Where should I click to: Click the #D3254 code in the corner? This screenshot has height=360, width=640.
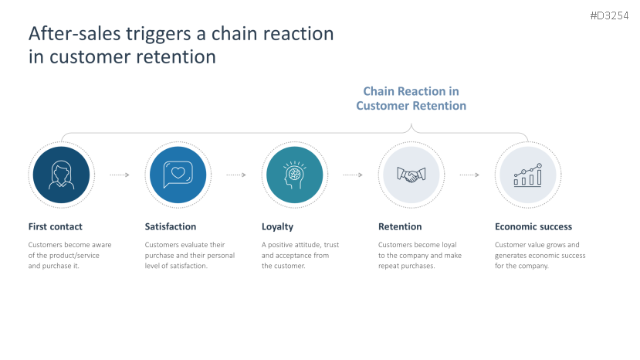pos(610,15)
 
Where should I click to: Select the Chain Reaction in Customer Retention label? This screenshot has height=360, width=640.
pos(411,98)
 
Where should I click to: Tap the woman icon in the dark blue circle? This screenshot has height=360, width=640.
pos(59,175)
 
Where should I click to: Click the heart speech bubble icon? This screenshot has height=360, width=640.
pos(176,175)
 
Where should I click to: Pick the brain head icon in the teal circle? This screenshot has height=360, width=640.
pos(293,175)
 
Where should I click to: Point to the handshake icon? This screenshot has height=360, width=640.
pos(410,175)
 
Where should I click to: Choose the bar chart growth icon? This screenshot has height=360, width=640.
pos(527,175)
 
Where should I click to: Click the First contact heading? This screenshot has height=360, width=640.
pos(55,226)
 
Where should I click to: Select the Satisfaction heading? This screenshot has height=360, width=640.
pos(171,226)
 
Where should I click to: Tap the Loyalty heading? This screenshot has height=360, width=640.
pos(277,226)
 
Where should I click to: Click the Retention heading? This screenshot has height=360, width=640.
pos(400,226)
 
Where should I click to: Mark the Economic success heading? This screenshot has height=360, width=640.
pos(533,226)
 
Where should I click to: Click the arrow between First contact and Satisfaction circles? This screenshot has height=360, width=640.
pos(119,175)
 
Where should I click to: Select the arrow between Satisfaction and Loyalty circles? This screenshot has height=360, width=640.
pos(235,175)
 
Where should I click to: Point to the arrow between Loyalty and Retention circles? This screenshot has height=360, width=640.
pos(353,175)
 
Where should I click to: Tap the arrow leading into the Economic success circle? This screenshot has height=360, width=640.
pos(469,175)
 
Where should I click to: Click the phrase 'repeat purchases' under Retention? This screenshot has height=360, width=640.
pos(406,266)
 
